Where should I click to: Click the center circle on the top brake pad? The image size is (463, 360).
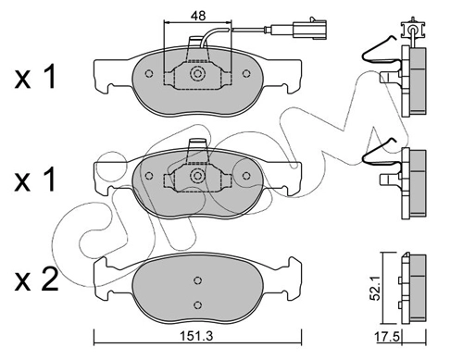[x=195, y=74]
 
